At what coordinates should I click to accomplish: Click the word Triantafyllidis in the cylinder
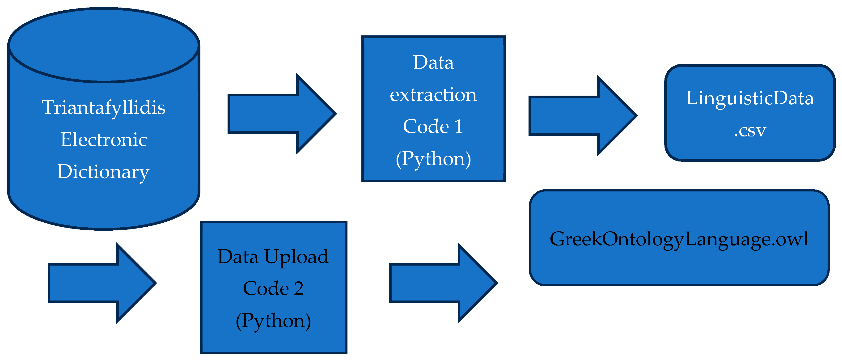click(x=104, y=108)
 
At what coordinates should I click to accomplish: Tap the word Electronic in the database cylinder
click(x=104, y=140)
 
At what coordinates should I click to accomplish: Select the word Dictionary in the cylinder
click(x=104, y=172)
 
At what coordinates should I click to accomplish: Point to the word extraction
click(x=433, y=95)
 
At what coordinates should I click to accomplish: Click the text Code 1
click(x=433, y=127)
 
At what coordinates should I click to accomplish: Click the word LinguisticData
click(x=750, y=98)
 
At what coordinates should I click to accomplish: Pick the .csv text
click(x=750, y=131)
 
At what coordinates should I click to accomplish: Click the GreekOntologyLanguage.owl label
click(x=679, y=239)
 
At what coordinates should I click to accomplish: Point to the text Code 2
click(x=273, y=288)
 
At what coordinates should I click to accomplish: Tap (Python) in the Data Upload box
click(x=273, y=321)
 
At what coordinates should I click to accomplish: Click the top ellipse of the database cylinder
click(x=104, y=45)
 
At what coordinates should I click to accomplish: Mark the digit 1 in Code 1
click(x=459, y=127)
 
